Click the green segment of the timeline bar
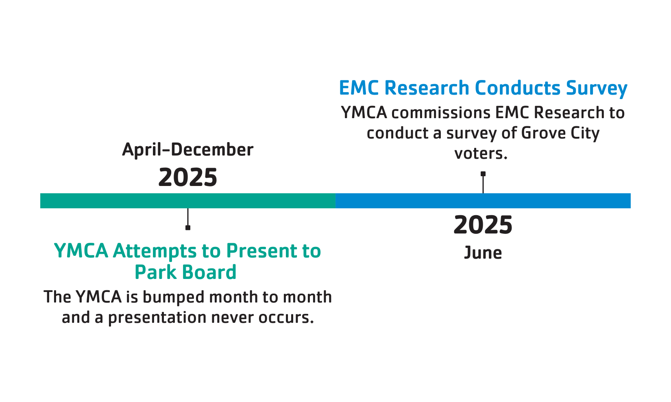[188, 201]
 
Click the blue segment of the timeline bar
[483, 201]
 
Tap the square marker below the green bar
[188, 228]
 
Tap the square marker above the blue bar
[483, 174]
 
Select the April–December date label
[188, 149]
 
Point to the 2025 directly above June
[483, 225]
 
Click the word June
[483, 253]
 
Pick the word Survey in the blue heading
[597, 89]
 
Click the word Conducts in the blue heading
[517, 88]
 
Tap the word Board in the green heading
[209, 272]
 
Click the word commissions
[441, 113]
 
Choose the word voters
[481, 153]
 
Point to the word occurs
[286, 318]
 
